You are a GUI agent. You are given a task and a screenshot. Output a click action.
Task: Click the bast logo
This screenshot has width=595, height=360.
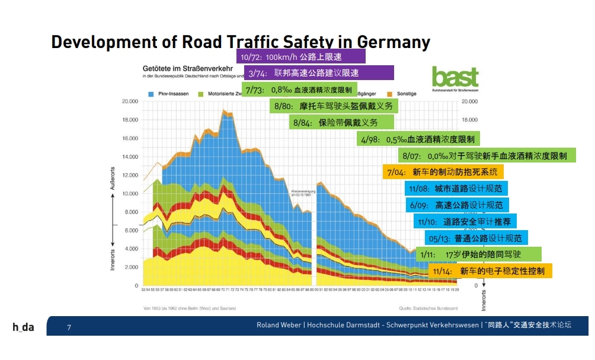click(x=455, y=78)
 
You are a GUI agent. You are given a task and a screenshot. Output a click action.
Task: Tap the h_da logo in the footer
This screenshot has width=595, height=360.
click(x=24, y=327)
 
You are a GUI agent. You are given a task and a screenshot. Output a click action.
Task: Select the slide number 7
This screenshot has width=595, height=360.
click(x=69, y=327)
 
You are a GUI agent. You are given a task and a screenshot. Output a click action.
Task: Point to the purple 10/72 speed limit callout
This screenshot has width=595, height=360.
click(x=301, y=57)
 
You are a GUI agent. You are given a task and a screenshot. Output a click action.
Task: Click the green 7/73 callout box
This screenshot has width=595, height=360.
click(x=299, y=90)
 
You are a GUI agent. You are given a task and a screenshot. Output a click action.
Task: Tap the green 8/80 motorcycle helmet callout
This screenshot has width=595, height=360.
click(x=334, y=107)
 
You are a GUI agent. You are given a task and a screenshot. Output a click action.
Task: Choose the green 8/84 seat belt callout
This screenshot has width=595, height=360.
click(x=342, y=123)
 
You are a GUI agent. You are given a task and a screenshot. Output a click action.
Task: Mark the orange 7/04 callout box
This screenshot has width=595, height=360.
click(x=443, y=173)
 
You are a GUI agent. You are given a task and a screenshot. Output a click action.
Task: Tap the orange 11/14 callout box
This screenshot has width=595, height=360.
click(x=490, y=271)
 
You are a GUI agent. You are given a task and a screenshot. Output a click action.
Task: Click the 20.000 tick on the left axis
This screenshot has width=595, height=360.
click(x=130, y=101)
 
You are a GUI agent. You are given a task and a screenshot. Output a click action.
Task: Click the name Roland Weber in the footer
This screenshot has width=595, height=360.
click(x=279, y=325)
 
